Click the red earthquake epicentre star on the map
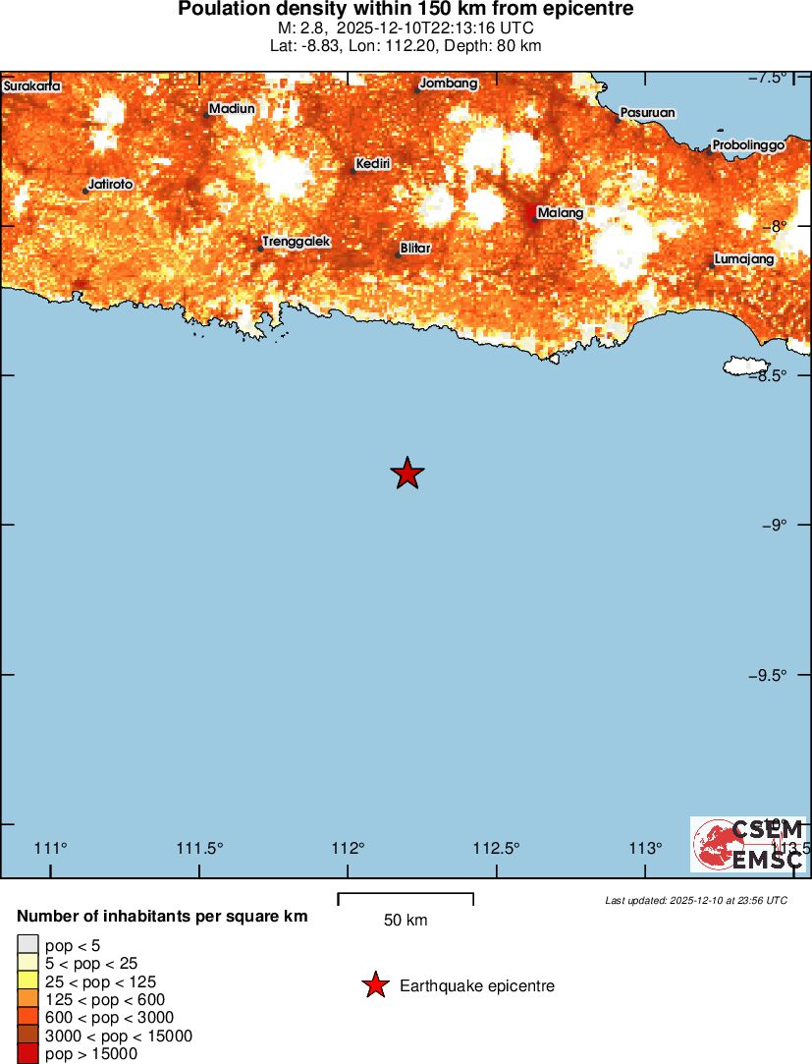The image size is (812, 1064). pos(407,474)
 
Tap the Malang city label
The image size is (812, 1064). pos(561,213)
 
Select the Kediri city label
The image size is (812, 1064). pos(373,163)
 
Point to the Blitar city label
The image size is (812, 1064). pos(415,249)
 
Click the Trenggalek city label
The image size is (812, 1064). pos(297,241)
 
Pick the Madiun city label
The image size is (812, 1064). pos(232,109)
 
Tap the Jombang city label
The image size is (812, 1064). pos(449,84)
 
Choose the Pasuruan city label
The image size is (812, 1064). pos(647,113)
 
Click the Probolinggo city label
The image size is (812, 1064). pos(748,145)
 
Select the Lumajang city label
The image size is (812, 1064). pos(744,259)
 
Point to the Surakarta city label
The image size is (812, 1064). pos(32,86)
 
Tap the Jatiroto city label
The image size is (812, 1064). pos(110,184)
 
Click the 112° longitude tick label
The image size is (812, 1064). pos(349,849)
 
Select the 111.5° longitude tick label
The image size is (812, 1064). pos(199,849)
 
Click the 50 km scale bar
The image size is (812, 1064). pos(406,898)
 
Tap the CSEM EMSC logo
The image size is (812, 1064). pos(747,844)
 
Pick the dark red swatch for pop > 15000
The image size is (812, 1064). pos(27,1054)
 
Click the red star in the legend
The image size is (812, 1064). pos(375,985)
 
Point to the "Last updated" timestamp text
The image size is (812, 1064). pos(695,900)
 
